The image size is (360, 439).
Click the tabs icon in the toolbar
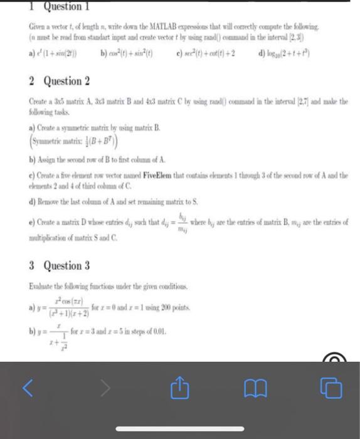[330, 388]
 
